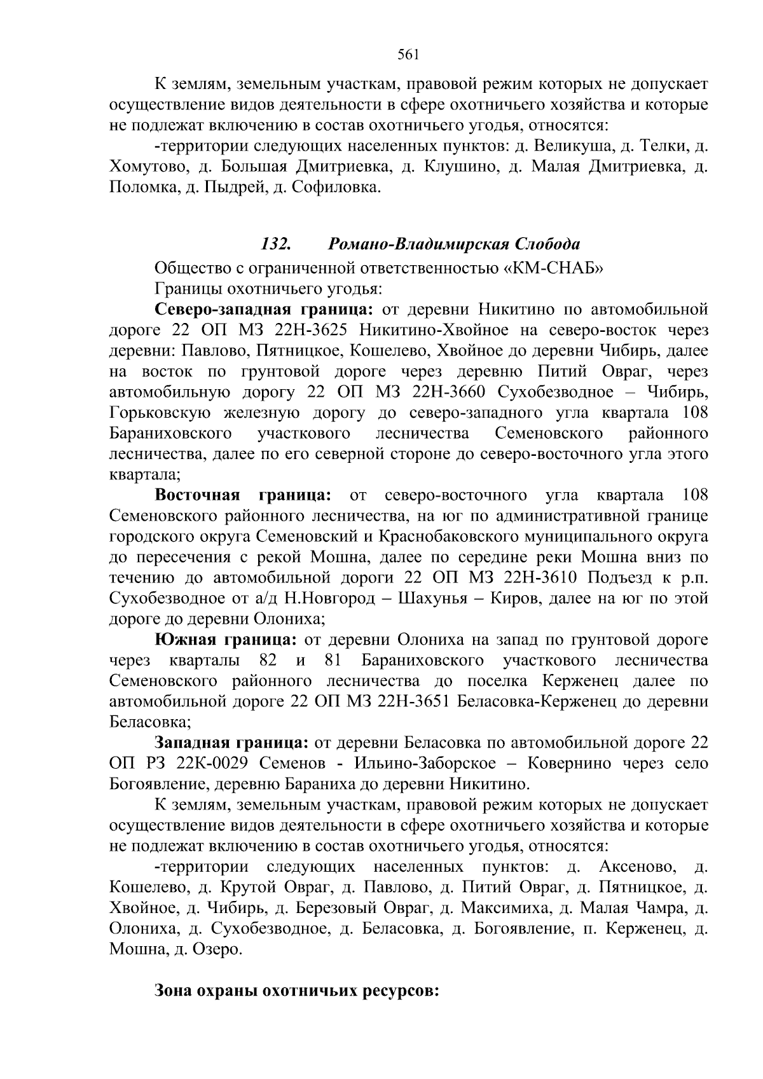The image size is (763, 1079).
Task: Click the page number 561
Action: [x=407, y=55]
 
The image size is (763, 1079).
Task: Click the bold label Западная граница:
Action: [x=232, y=743]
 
